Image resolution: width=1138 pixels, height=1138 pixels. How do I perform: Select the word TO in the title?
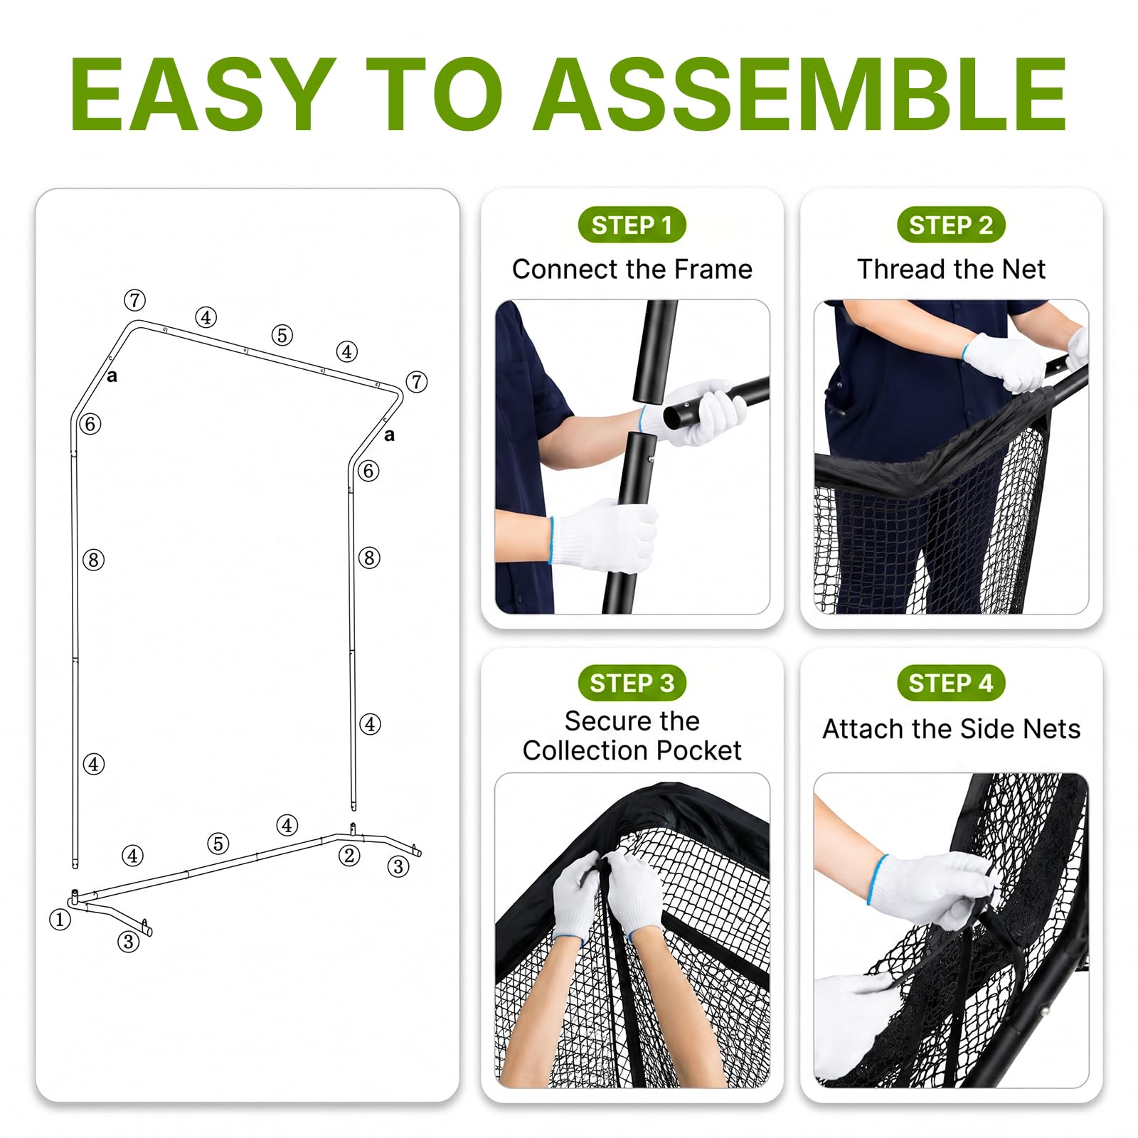point(435,94)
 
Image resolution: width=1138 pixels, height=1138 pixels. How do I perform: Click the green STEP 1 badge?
point(632,225)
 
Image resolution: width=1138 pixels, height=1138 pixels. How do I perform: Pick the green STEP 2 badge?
point(951,225)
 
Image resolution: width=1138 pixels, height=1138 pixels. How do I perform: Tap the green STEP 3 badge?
point(632,684)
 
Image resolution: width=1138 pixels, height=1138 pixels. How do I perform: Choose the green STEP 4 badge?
point(951,684)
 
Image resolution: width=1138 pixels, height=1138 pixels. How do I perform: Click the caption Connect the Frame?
point(632,270)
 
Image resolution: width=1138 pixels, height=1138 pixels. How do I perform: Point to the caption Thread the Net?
point(951,270)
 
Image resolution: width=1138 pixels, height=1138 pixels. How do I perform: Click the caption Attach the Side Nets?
point(951,729)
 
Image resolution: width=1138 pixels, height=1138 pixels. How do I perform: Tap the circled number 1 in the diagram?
point(60,920)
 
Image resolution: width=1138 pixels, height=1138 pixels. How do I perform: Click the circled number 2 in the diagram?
point(349,856)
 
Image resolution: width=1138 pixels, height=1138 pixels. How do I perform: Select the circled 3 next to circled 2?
point(398,866)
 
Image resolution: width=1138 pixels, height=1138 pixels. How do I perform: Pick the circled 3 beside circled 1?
point(128,942)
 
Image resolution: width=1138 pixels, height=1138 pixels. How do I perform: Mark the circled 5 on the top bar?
point(282,335)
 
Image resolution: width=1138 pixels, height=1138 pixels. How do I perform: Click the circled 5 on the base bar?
point(218,844)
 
